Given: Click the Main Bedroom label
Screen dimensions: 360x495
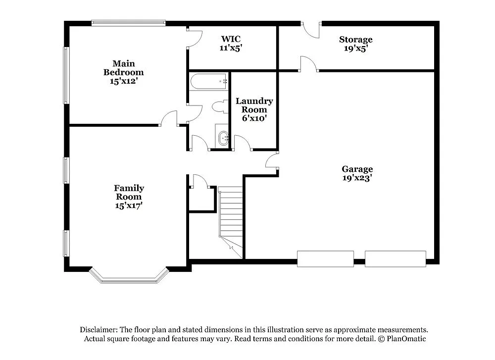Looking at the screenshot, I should (x=123, y=72).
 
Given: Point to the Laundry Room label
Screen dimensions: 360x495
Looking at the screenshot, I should (x=254, y=109).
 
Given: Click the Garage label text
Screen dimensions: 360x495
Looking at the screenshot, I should (x=357, y=169).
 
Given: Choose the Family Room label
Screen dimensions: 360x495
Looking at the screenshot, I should (x=129, y=197).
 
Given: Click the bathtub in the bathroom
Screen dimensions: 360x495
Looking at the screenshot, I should (x=208, y=81).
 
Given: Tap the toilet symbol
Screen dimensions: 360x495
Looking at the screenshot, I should (x=219, y=106).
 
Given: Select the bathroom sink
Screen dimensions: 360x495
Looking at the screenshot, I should (x=223, y=138).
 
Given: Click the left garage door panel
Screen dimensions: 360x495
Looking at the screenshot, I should (x=325, y=258).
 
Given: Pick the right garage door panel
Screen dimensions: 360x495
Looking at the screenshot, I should (x=395, y=258).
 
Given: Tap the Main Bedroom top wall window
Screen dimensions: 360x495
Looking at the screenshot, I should (x=129, y=23).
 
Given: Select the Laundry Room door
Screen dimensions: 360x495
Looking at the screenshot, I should (x=243, y=143).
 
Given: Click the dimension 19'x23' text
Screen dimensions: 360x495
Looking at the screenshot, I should (x=357, y=178).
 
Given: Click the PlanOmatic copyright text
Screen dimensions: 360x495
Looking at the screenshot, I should (x=401, y=339).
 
